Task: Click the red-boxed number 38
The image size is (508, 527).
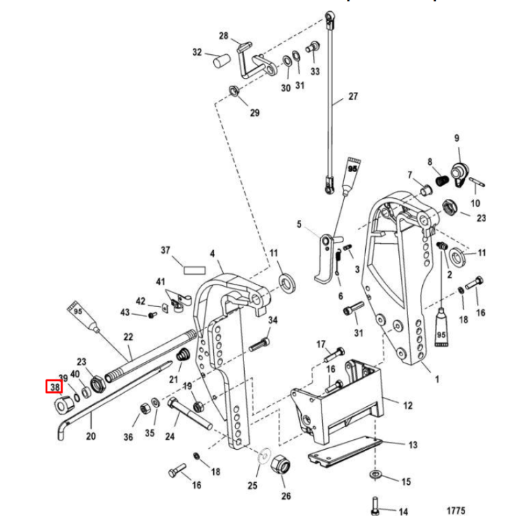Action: pyautogui.click(x=55, y=386)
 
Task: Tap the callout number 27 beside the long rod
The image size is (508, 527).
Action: pyautogui.click(x=353, y=97)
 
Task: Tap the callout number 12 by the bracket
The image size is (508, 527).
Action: pyautogui.click(x=408, y=405)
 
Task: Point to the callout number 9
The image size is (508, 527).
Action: pyautogui.click(x=456, y=138)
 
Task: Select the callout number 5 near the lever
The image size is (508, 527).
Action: pyautogui.click(x=298, y=225)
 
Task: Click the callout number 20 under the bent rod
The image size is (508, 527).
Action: pyautogui.click(x=90, y=436)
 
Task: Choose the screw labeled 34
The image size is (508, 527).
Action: pyautogui.click(x=260, y=344)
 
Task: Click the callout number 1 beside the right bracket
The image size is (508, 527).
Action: pyautogui.click(x=436, y=380)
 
